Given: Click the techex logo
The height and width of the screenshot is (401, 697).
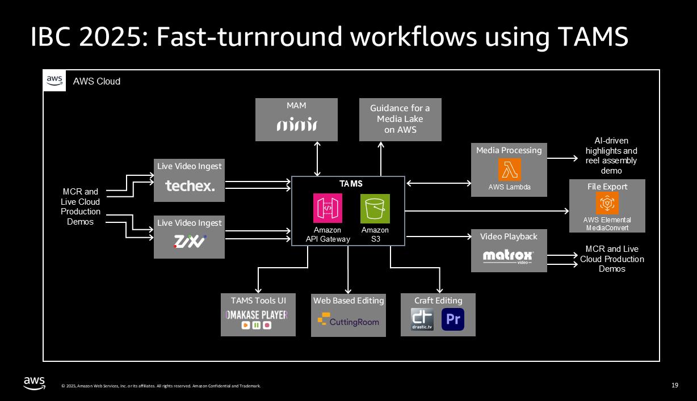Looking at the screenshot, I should pos(190,185).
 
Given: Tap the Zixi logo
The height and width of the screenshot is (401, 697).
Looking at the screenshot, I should pos(190,242).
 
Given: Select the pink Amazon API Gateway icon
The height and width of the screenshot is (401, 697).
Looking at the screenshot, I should pos(327,208).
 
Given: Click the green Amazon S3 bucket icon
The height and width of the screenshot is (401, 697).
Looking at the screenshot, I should pos(375,208).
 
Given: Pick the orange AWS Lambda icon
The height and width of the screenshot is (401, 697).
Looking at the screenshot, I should pos(509,170).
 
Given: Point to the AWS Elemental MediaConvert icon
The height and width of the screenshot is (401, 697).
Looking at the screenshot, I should pos(607,203).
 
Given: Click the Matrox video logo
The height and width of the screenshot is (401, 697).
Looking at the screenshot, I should pos(508,256).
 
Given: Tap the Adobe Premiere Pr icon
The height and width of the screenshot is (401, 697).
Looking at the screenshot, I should pos(453,319).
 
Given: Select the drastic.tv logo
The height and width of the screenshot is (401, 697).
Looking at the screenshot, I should pos(422,319).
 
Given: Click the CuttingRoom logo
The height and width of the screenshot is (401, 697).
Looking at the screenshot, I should pos(348,322).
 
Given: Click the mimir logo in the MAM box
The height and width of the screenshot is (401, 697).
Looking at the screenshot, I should pos(296,125).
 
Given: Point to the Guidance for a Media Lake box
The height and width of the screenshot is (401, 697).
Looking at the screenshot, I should pos(400,119).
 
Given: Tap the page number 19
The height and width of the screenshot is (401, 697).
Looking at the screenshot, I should pos(675,386).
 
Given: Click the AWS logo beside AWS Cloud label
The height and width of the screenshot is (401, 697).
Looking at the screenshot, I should pos(54,81).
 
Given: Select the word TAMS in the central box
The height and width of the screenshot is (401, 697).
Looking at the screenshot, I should pos(351,184).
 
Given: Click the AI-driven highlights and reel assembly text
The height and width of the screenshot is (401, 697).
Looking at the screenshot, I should pos(611,155).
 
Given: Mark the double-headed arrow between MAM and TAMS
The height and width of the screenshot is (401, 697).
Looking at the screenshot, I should pos(317,159).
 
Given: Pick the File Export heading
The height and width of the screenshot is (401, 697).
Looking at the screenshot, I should pos(607,187).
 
